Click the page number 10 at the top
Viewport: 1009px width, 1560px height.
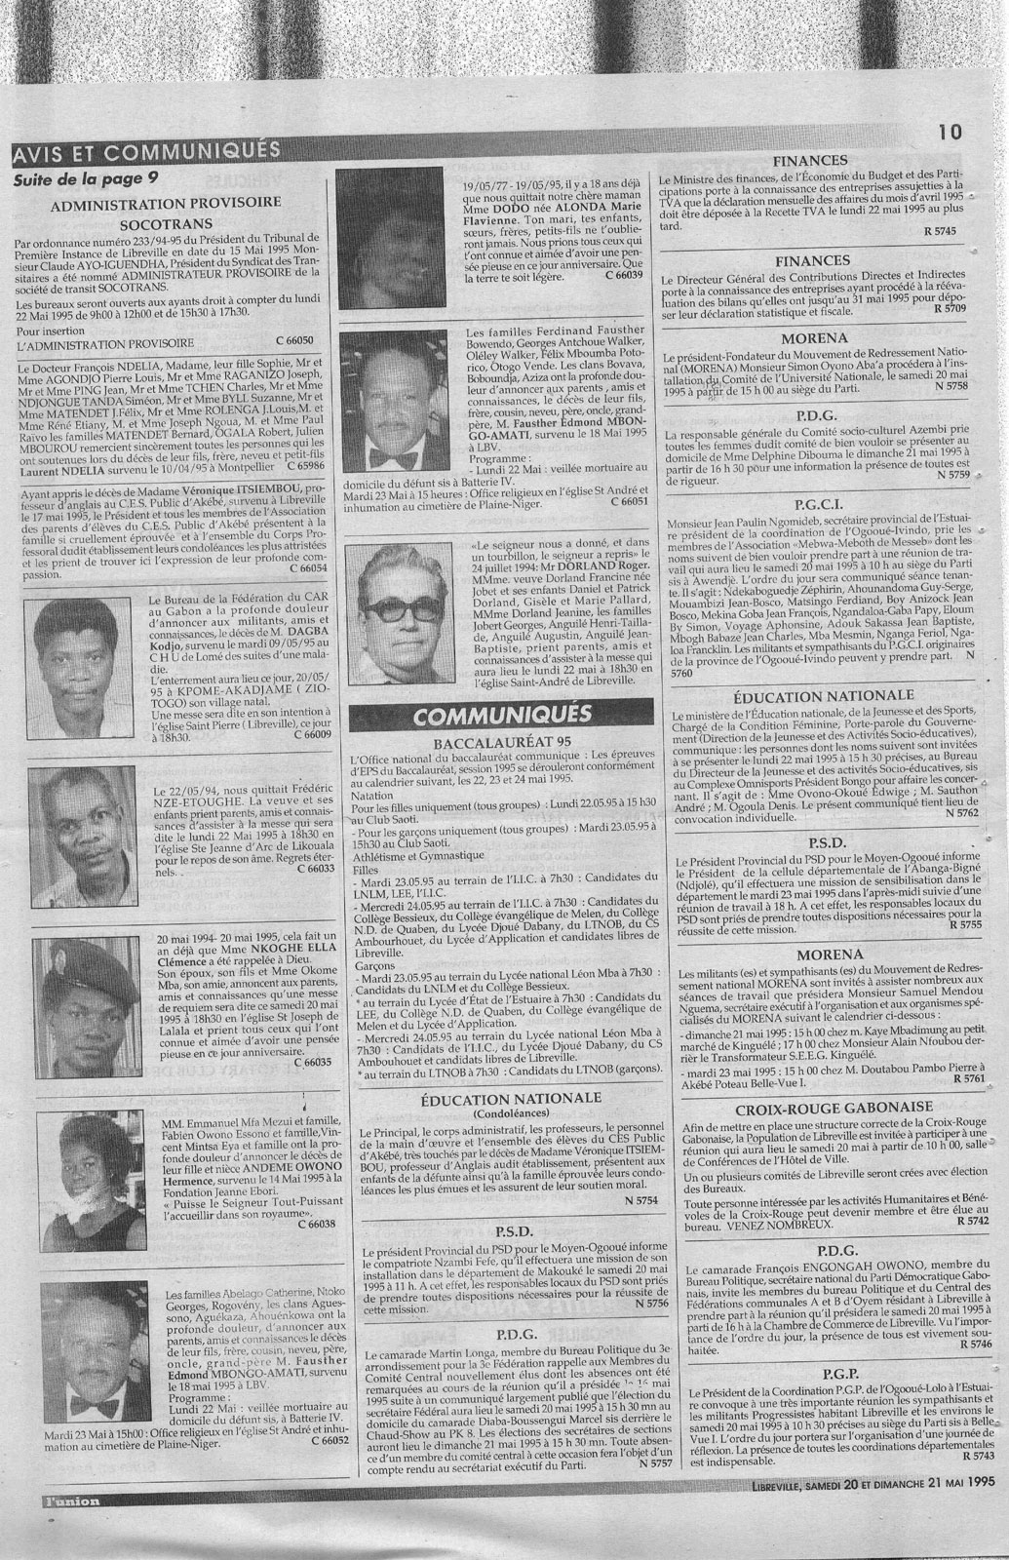coord(950,132)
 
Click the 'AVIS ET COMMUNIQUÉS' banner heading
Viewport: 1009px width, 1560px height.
coord(146,150)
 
